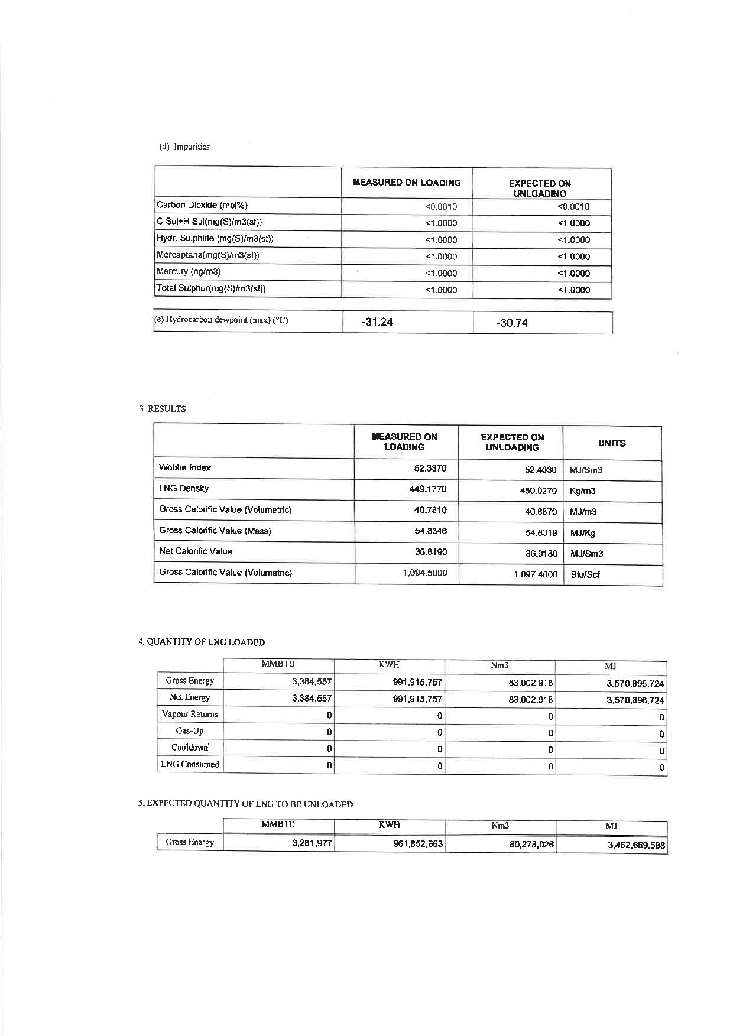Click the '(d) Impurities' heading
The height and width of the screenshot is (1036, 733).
point(184,147)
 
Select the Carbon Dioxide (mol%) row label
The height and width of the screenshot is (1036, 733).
point(202,205)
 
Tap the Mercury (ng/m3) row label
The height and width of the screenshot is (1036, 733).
point(189,272)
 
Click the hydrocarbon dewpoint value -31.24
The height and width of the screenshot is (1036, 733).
point(377,322)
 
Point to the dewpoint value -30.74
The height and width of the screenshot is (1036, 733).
point(512,323)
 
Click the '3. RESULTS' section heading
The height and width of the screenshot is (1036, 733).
point(163,408)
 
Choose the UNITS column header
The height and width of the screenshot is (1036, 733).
point(612,443)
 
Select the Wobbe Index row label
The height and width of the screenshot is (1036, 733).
point(185,467)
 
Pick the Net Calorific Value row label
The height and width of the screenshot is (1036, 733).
point(196,551)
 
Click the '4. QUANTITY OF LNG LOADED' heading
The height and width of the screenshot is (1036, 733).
point(202,642)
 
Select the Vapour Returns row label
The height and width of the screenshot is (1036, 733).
point(190,714)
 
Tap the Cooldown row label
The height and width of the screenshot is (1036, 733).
point(190,748)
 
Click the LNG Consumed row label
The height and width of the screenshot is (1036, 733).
point(190,764)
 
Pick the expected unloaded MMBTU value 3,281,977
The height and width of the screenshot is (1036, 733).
point(312,843)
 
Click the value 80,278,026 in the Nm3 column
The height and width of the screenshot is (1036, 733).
point(532,845)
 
